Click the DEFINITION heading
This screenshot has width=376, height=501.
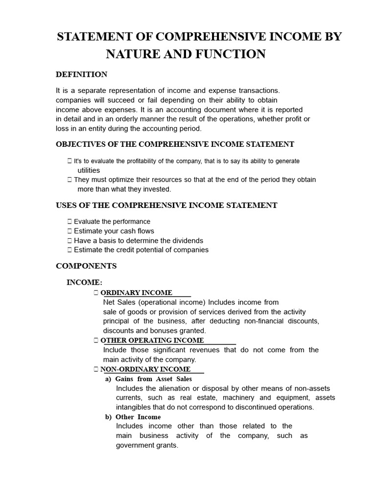tap(81, 74)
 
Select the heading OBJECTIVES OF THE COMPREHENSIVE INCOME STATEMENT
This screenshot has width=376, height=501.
tap(175, 144)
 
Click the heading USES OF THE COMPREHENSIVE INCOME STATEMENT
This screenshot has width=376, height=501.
tap(166, 205)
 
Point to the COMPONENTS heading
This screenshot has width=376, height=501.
tap(86, 266)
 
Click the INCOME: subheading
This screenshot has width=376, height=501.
tap(84, 282)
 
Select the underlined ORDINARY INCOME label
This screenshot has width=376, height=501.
tap(136, 293)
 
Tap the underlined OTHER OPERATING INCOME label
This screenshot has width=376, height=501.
tap(152, 340)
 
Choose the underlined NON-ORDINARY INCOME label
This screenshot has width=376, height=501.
tap(145, 369)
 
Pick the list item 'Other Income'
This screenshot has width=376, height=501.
tap(138, 417)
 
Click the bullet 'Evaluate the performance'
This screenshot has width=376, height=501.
tap(112, 222)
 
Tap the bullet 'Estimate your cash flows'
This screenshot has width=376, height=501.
tap(114, 231)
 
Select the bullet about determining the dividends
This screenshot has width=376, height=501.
tap(138, 241)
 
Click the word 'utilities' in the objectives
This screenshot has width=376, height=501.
tap(89, 170)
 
